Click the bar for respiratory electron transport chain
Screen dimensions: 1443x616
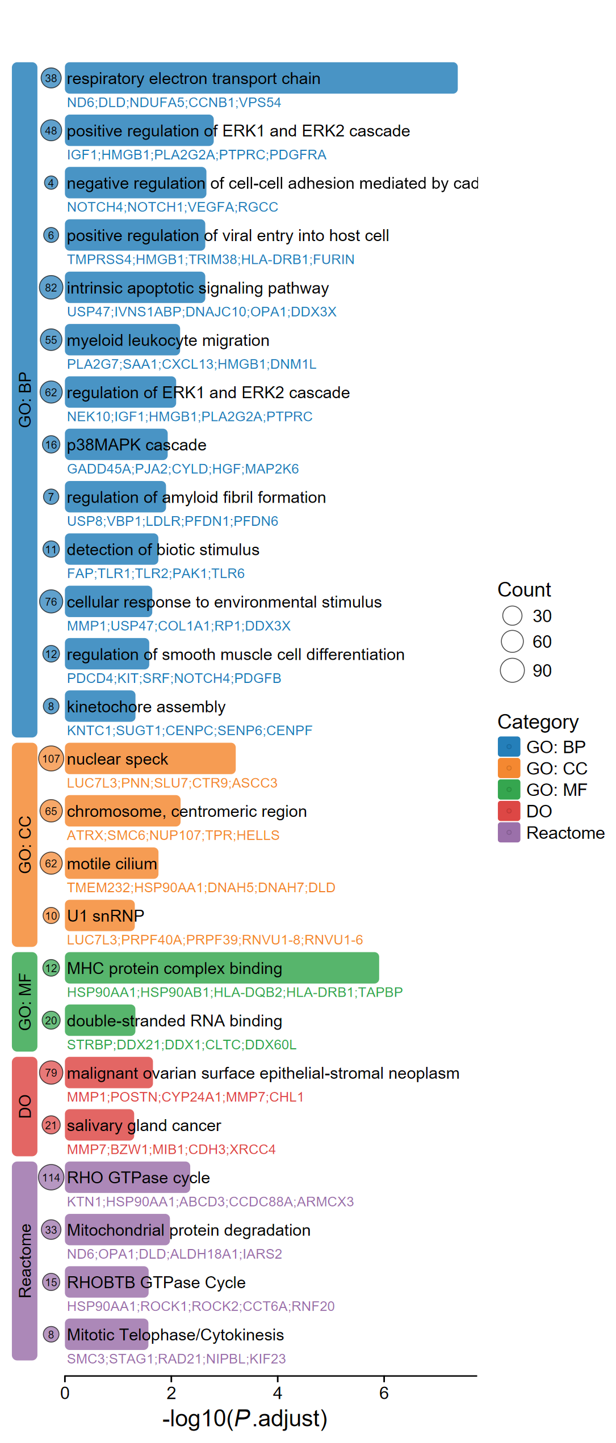261,78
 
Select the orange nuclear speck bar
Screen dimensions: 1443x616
150,759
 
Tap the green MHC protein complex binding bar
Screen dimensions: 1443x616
221,968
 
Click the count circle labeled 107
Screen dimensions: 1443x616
51,759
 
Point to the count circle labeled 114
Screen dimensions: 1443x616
51,1178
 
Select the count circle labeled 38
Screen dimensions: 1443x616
51,78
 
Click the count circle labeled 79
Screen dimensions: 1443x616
51,1073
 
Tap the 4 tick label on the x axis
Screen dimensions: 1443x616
278,1393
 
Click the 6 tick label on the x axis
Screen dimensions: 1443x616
384,1393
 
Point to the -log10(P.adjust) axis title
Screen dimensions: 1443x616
245,1419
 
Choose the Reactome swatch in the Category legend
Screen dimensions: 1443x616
509,833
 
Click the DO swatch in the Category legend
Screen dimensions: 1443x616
509,811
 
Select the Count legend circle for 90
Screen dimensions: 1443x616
512,670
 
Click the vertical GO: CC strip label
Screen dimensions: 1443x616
25,845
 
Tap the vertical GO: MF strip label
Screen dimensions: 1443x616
25,1002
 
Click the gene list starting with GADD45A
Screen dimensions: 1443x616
183,469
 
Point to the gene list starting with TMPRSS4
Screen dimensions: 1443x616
211,260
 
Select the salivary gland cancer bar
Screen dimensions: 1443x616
99,1125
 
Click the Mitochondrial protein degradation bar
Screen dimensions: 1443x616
117,1230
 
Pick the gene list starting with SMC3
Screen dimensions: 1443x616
176,1359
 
